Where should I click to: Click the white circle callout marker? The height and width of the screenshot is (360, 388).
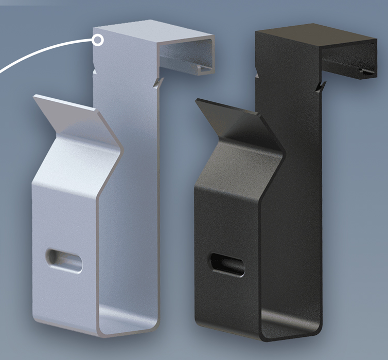coord(98,41)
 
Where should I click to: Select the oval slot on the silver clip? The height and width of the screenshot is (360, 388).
coord(64,260)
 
